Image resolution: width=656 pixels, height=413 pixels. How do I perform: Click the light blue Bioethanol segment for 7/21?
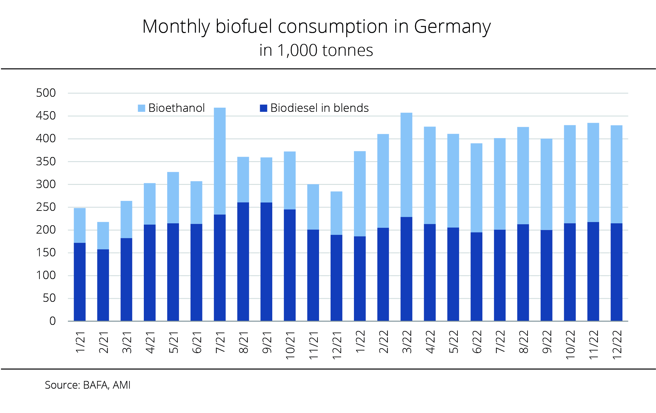(x=220, y=161)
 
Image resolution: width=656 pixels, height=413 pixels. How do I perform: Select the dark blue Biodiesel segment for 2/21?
(x=103, y=285)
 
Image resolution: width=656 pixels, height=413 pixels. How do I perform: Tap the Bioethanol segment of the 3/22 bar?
(x=406, y=165)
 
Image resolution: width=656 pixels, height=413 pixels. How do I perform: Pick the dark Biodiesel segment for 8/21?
(x=243, y=261)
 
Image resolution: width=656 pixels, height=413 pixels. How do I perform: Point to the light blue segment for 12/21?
(x=336, y=213)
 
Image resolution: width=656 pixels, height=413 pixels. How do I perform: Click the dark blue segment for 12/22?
(x=616, y=272)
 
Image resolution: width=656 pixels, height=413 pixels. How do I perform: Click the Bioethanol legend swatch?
(x=141, y=108)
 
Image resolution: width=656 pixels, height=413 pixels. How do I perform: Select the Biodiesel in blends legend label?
(x=319, y=108)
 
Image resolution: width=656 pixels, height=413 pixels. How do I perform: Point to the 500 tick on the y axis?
(x=46, y=93)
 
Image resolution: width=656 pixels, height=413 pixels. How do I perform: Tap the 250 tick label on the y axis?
(x=46, y=207)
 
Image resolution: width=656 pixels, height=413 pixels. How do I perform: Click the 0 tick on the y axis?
(x=53, y=321)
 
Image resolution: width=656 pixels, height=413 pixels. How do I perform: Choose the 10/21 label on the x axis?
(x=290, y=345)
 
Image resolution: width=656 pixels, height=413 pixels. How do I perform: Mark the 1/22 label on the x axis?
(x=360, y=342)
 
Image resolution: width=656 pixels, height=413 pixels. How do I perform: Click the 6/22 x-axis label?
(x=477, y=342)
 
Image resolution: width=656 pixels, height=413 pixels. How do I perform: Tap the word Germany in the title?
(x=452, y=26)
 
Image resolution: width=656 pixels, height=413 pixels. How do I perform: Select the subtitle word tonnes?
(x=348, y=50)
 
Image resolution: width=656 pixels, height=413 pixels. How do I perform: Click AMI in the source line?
(x=121, y=385)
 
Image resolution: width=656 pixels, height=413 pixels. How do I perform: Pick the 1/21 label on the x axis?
(x=80, y=342)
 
